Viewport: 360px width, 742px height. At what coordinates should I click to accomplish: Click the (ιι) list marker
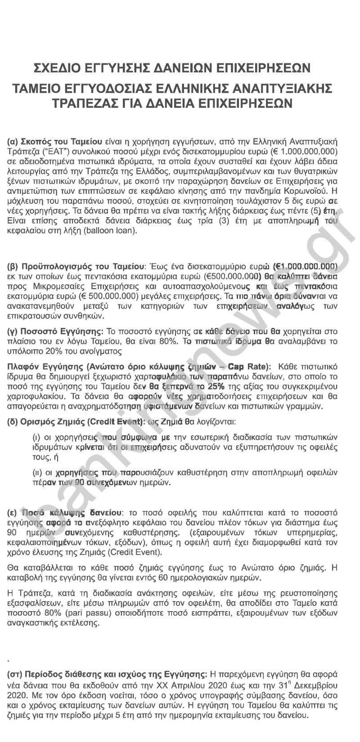[x=37, y=474]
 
